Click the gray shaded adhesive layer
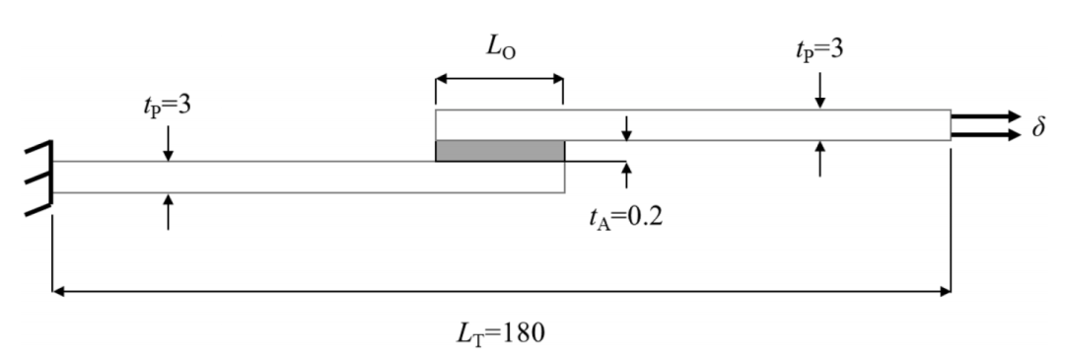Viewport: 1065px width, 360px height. point(499,151)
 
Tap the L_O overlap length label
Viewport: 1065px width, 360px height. point(501,48)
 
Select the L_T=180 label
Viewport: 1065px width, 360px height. point(501,333)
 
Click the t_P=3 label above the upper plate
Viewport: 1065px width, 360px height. point(819,49)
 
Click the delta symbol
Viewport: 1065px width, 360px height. point(1038,126)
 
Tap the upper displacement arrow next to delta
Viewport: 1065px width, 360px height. point(985,116)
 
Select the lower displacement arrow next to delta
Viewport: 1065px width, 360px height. point(985,135)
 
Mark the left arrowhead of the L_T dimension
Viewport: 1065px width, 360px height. point(58,291)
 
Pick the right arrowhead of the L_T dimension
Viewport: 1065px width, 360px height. point(944,291)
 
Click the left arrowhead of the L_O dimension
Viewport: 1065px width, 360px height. point(442,79)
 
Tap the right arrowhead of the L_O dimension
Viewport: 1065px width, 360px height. point(557,79)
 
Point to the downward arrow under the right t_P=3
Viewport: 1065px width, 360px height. point(819,91)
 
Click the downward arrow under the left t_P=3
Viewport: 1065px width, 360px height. point(168,143)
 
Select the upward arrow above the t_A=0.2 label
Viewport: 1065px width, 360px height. point(625,175)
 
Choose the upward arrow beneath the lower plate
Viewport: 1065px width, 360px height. point(168,211)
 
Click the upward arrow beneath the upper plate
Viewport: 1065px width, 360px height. point(819,159)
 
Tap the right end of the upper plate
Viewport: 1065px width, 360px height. point(951,125)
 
